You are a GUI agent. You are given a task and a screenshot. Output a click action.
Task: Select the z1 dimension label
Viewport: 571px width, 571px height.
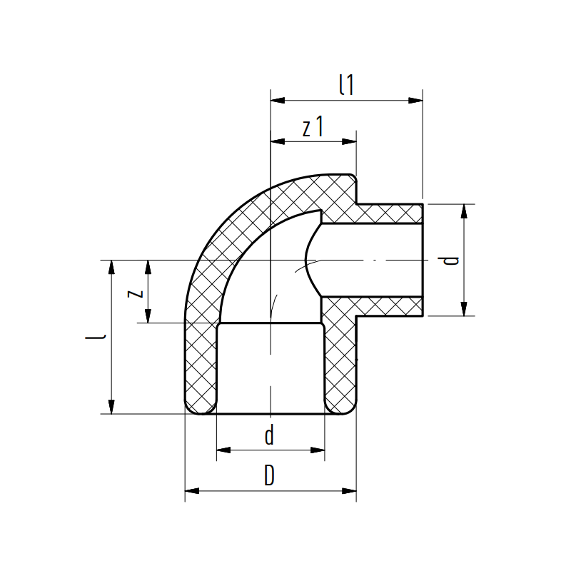click(313, 128)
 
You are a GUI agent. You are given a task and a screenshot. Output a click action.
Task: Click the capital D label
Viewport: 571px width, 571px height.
click(269, 476)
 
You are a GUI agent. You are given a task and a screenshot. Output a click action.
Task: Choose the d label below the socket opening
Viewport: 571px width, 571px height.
click(269, 435)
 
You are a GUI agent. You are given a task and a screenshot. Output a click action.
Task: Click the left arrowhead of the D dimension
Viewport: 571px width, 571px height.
click(191, 490)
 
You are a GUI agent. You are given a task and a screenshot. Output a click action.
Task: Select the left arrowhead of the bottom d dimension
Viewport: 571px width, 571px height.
click(223, 450)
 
